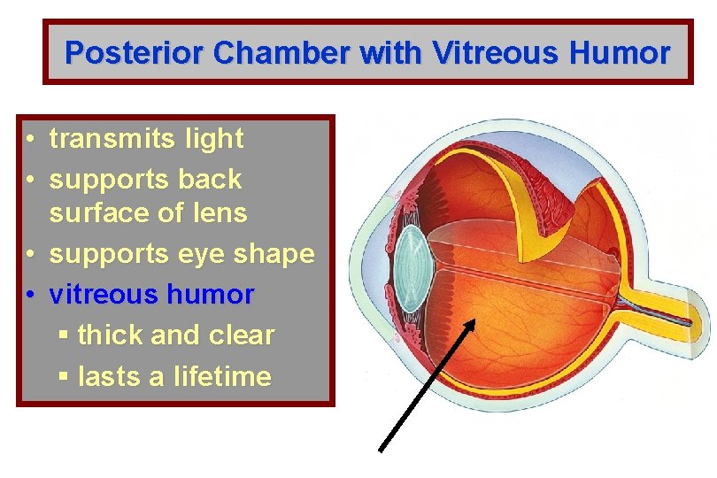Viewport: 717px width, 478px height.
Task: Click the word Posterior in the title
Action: point(135,53)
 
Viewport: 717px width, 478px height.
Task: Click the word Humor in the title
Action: point(619,53)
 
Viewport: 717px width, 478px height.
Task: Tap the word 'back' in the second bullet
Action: point(210,179)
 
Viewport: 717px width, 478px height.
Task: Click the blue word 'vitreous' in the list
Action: point(101,294)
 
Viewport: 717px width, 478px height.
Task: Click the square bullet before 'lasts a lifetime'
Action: point(62,377)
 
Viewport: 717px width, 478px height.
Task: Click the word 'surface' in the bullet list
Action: point(96,213)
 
